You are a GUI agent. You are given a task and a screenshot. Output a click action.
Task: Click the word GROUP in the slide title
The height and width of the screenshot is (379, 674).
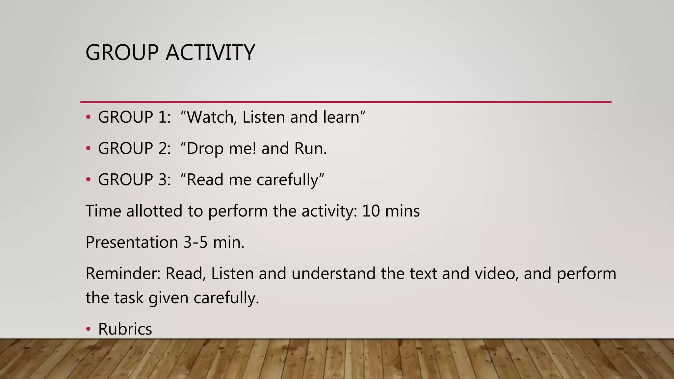pyautogui.click(x=122, y=53)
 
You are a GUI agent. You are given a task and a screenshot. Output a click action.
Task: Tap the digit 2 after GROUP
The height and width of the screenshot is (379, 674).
pyautogui.click(x=163, y=148)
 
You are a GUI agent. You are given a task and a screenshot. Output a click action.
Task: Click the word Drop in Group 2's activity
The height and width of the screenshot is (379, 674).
pyautogui.click(x=205, y=149)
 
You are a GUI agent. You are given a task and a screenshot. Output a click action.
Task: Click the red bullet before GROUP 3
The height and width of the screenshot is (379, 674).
pyautogui.click(x=88, y=180)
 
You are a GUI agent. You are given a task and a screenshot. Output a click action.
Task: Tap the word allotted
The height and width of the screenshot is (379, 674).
pyautogui.click(x=154, y=211)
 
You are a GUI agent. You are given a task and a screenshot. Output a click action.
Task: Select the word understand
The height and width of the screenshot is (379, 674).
pyautogui.click(x=333, y=273)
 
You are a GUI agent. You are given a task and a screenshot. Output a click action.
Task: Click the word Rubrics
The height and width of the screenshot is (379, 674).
pyautogui.click(x=125, y=329)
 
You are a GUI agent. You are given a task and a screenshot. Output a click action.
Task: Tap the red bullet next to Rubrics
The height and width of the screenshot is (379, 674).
pyautogui.click(x=88, y=329)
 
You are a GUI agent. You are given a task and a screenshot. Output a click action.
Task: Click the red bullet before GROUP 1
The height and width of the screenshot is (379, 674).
pyautogui.click(x=88, y=117)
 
